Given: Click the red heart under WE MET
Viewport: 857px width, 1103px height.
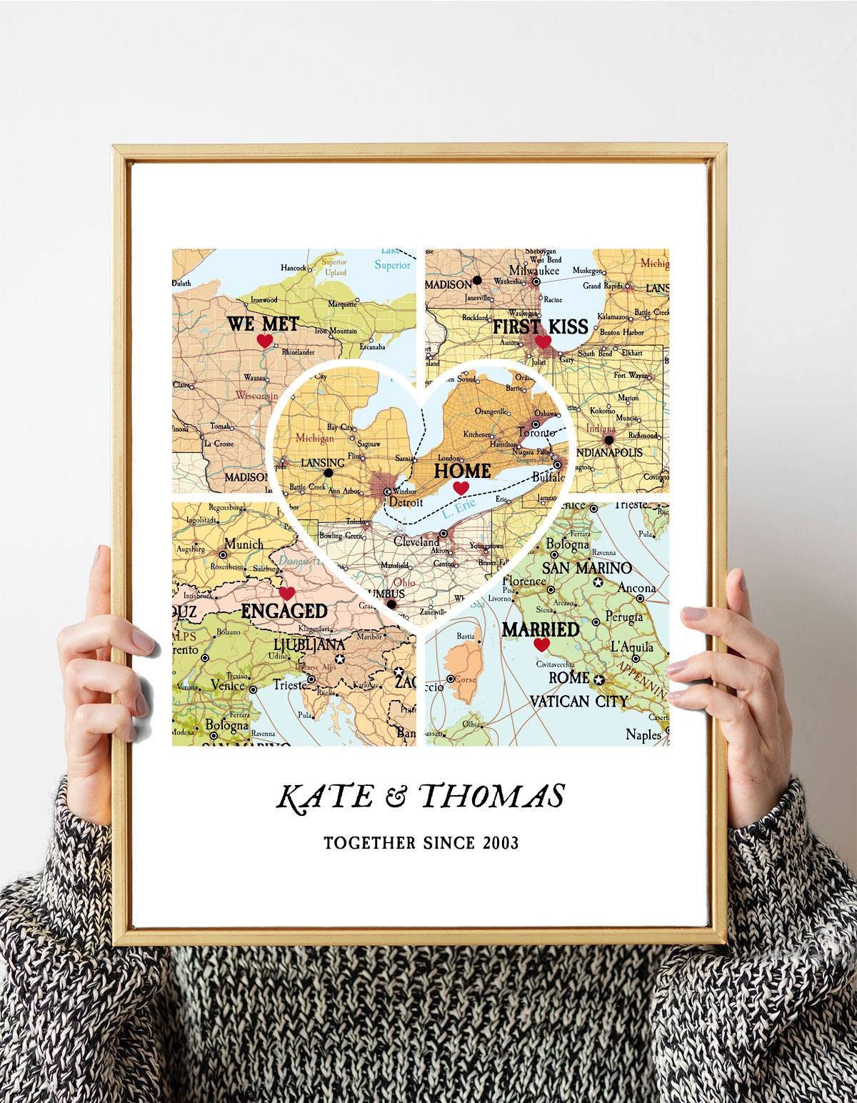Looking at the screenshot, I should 264,341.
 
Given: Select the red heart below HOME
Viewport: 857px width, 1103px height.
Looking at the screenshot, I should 461,487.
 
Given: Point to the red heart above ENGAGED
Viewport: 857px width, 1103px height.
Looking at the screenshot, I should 287,593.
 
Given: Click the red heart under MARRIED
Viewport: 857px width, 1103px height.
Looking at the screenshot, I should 542,645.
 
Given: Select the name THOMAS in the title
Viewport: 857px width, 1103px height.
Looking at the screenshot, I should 493,797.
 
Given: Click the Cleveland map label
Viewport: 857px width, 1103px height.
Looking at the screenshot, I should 416,542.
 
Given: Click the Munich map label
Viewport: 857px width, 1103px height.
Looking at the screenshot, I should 244,544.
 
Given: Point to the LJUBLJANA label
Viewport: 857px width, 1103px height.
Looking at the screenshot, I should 302,645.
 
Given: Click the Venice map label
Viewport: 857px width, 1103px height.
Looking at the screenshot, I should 229,685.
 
